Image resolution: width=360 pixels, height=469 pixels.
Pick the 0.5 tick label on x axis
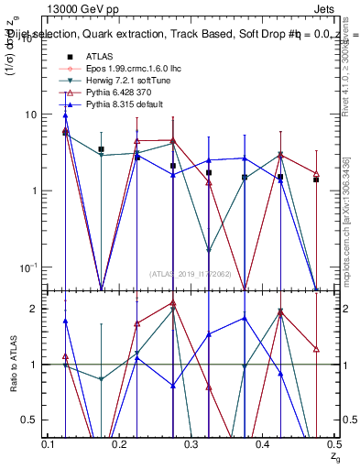tap(334, 444)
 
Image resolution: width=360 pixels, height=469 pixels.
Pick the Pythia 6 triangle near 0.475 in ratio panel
tap(316, 349)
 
